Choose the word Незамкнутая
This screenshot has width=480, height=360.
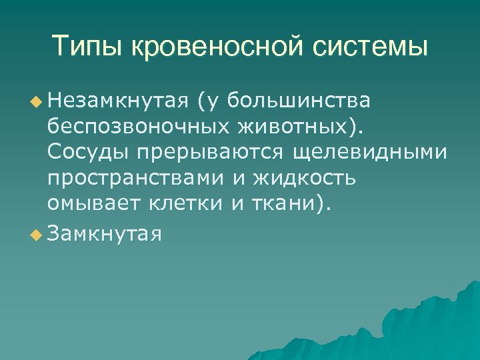click(120, 101)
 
